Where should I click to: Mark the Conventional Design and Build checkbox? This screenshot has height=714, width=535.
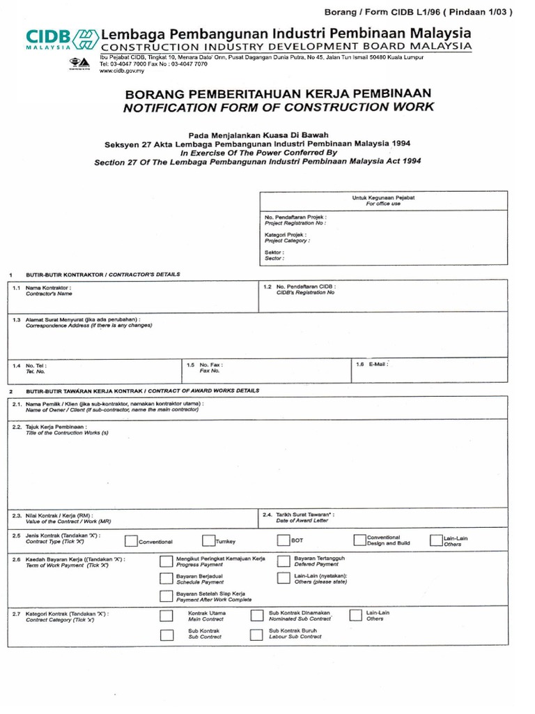tap(359, 540)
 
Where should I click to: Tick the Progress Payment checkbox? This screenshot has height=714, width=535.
tap(166, 562)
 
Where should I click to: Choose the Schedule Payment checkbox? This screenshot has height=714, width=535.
tap(166, 579)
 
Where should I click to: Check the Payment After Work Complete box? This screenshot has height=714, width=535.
tap(166, 596)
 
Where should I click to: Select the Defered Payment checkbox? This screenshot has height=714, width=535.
tap(283, 561)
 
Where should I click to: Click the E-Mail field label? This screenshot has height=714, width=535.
tap(377, 364)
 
